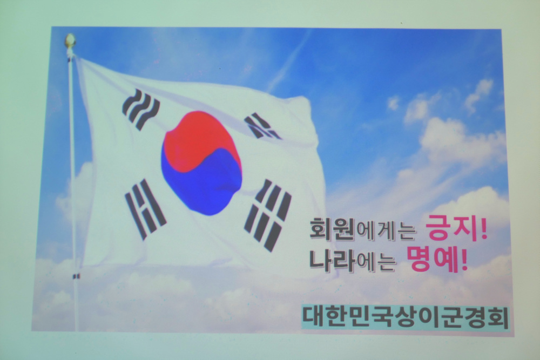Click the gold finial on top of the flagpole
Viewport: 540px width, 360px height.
tap(70, 40)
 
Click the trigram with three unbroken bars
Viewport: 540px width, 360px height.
tap(141, 110)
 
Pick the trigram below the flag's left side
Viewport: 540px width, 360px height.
tap(145, 209)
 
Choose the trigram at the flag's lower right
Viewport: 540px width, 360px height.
tap(268, 215)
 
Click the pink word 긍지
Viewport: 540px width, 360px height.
tap(451, 229)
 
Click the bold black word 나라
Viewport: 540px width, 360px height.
tap(332, 260)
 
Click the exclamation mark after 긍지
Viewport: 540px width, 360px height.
tap(483, 229)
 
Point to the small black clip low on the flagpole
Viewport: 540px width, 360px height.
tap(76, 276)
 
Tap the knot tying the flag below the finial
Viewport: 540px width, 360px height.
tap(70, 53)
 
